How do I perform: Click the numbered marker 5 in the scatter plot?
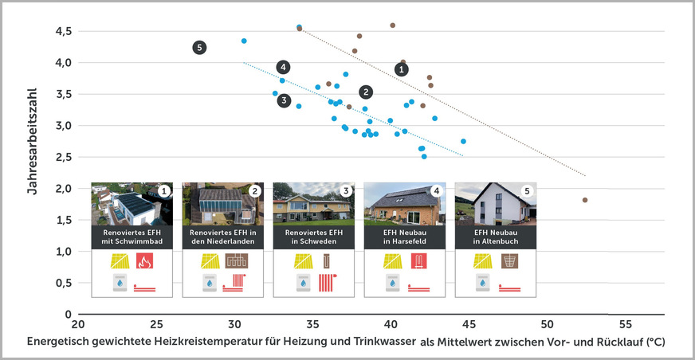pos(199,48)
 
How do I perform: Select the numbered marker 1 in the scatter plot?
pos(401,69)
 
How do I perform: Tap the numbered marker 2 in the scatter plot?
pos(366,92)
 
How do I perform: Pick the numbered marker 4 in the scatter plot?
pos(284,67)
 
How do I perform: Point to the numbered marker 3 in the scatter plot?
pos(285,100)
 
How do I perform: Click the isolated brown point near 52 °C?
pos(585,200)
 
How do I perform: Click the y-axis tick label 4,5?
pos(64,31)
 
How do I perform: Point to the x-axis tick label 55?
pos(625,325)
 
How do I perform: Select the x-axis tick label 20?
pos(77,325)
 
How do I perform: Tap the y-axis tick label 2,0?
pos(64,189)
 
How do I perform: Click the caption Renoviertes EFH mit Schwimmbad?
pos(132,238)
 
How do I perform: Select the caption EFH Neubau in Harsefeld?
pos(404,238)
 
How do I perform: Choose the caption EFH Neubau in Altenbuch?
pos(495,238)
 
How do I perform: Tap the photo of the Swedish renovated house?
pos(313,205)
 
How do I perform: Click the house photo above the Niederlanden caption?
pos(222,205)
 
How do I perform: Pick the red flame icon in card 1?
pos(145,261)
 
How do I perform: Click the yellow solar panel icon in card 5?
pos(481,261)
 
